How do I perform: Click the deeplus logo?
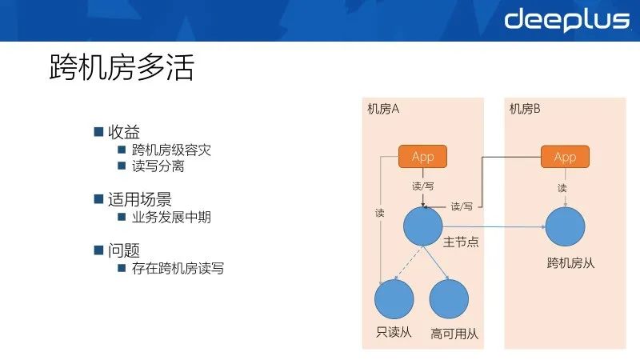point(566,19)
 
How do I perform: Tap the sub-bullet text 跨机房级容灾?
point(171,150)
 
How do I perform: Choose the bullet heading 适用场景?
point(140,199)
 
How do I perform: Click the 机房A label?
point(383,110)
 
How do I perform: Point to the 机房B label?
point(526,110)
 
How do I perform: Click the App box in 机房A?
point(422,157)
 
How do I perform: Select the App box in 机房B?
point(565,157)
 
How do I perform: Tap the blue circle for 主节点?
point(423,226)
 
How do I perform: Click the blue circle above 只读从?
point(394,300)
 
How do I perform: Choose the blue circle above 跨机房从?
point(566,226)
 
